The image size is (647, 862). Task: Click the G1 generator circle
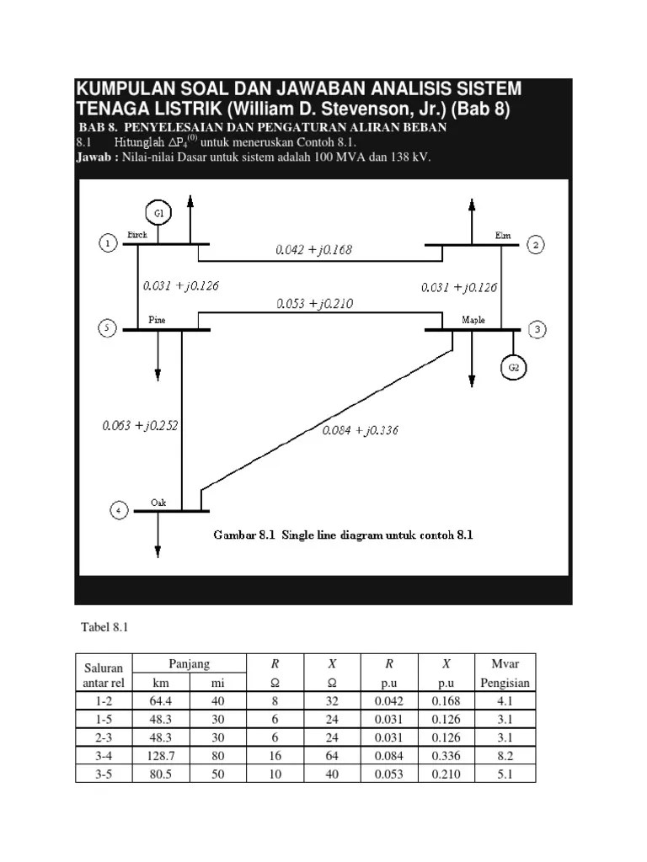(x=158, y=213)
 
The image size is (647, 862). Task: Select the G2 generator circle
(x=514, y=367)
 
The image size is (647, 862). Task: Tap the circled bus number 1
(x=109, y=244)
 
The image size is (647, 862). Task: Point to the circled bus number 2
(x=537, y=245)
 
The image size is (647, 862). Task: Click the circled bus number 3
(x=537, y=328)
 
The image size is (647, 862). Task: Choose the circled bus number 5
(x=107, y=328)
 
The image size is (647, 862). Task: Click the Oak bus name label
(x=158, y=503)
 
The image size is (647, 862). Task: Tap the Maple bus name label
(x=473, y=321)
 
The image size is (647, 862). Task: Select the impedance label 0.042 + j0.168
(x=313, y=249)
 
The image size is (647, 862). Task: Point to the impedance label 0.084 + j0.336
(x=360, y=430)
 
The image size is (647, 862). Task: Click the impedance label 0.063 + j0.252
(x=140, y=425)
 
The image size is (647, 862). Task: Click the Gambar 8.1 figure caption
(x=343, y=535)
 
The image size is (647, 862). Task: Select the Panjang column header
(x=189, y=663)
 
